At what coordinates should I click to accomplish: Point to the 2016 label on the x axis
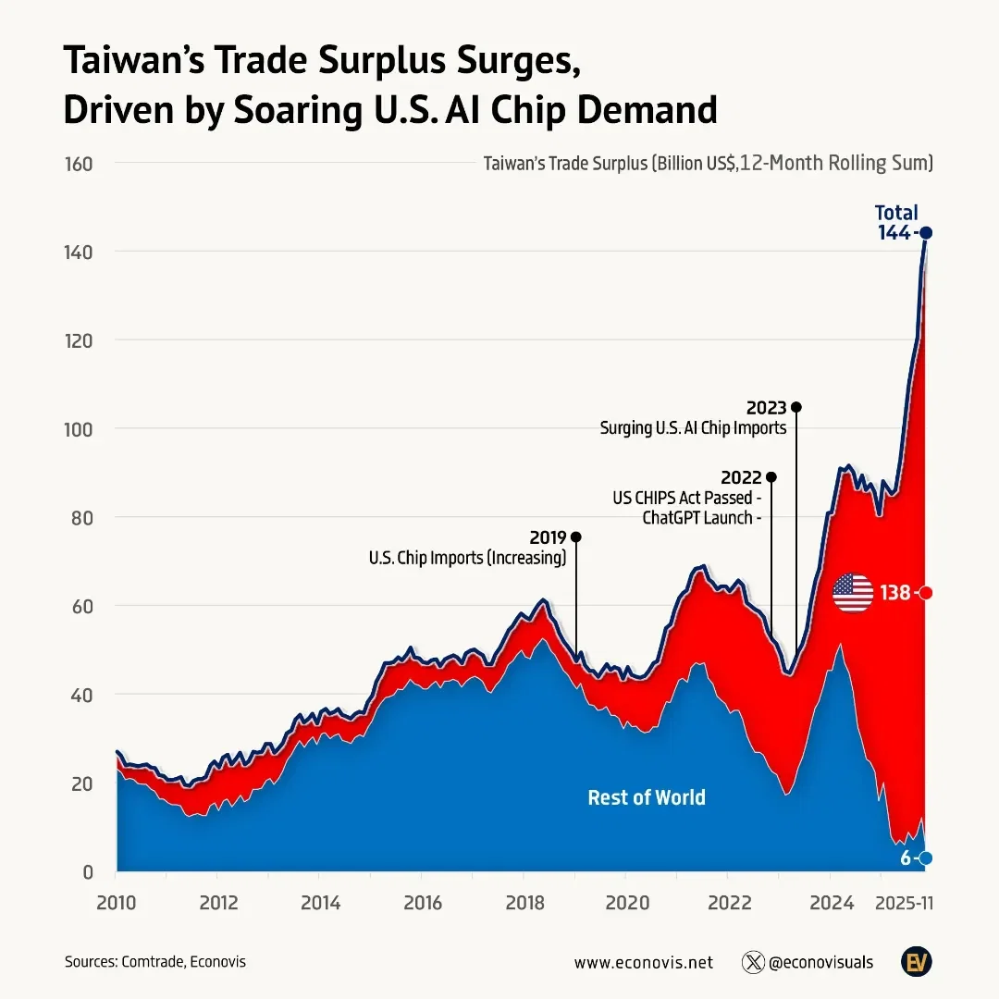pos(421,903)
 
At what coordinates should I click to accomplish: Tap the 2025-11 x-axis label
pos(904,903)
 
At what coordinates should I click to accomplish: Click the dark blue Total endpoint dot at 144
pos(926,233)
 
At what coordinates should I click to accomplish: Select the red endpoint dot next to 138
pos(926,593)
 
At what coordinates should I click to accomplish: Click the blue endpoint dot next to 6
pos(926,858)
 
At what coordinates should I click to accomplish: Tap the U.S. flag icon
pos(853,593)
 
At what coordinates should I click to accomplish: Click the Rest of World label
pos(647,797)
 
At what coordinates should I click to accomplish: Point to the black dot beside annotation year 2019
pos(576,536)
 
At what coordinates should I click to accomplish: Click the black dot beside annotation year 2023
pos(796,407)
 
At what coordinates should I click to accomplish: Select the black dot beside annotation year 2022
pos(771,477)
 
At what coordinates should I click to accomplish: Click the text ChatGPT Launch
pos(698,518)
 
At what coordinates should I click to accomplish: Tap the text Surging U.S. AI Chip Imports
pos(693,428)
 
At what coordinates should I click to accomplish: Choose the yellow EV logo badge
pos(916,961)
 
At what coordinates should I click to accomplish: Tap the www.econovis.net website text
pos(644,962)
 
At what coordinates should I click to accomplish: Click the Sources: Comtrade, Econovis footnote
pos(155,962)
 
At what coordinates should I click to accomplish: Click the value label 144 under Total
pos(894,233)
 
